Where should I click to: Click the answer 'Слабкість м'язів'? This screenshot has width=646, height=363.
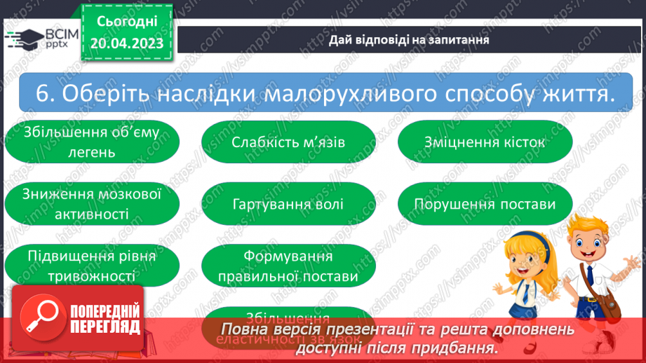pyautogui.click(x=288, y=142)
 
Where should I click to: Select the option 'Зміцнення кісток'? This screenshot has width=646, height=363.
pyautogui.click(x=485, y=142)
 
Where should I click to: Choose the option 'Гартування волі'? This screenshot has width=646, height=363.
pyautogui.click(x=288, y=205)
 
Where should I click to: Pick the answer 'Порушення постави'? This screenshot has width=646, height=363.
pyautogui.click(x=485, y=205)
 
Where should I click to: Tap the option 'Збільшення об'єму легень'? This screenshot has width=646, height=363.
pyautogui.click(x=91, y=142)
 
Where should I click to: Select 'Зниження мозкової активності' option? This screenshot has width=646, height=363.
pyautogui.click(x=91, y=204)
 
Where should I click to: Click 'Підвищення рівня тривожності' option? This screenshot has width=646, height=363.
pyautogui.click(x=91, y=266)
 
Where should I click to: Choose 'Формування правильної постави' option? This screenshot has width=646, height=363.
pyautogui.click(x=288, y=266)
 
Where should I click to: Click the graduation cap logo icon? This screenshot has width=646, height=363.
pyautogui.click(x=22, y=39)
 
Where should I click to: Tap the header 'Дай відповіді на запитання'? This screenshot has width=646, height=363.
pyautogui.click(x=409, y=39)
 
